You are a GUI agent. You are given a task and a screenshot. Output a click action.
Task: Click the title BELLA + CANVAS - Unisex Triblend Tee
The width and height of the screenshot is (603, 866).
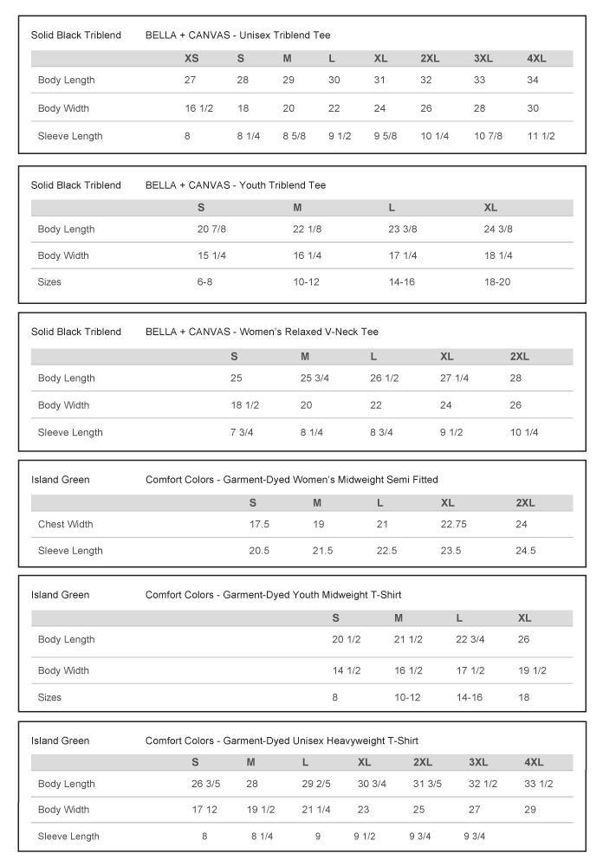[237, 36]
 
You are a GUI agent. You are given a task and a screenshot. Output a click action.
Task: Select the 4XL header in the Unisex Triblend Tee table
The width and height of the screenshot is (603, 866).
[536, 58]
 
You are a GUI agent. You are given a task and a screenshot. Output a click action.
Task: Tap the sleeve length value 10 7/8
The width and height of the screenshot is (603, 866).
[488, 136]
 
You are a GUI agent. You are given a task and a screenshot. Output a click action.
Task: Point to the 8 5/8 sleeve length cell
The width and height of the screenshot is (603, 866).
[294, 136]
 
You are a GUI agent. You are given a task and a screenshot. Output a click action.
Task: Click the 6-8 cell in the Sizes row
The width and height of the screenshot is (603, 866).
[204, 282]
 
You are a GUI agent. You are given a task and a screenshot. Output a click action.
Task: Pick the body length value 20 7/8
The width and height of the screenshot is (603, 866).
[211, 229]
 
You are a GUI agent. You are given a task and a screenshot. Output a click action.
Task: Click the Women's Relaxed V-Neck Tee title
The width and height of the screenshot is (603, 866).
[262, 332]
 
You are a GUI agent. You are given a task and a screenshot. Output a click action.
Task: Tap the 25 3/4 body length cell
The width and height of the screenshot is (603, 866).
[314, 378]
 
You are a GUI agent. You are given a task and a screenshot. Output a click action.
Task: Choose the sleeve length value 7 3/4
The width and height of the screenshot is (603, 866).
[241, 432]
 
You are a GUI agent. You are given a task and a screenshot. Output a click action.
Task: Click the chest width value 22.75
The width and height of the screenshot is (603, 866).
[454, 524]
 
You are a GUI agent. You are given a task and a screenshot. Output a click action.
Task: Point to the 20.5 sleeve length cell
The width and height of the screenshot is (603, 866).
[260, 551]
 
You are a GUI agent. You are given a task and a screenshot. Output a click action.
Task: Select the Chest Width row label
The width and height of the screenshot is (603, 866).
[65, 524]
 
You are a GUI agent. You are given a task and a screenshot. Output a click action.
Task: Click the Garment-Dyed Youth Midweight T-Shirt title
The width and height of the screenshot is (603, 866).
[273, 595]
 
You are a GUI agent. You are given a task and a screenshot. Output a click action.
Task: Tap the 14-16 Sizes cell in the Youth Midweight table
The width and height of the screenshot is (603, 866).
[470, 697]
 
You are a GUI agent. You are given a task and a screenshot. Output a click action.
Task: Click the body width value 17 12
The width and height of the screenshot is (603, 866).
[204, 810]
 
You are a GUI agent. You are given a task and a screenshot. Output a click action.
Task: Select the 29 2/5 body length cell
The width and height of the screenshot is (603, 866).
[316, 784]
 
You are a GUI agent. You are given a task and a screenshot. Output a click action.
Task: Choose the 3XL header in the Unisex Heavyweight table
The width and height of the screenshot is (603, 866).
[478, 762]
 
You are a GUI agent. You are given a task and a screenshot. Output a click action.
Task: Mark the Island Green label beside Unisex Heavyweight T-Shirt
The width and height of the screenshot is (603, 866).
[60, 740]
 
